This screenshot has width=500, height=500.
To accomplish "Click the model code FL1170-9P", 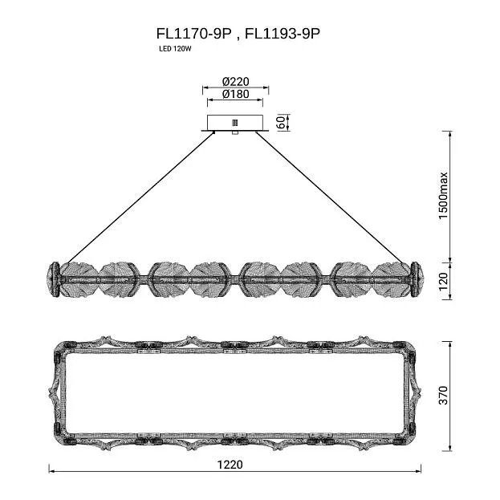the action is coord(193,34).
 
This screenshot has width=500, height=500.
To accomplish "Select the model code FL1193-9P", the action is coord(283,34).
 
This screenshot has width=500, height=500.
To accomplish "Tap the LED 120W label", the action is coord(175,49).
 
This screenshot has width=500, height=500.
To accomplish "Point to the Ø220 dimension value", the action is coord(236,82).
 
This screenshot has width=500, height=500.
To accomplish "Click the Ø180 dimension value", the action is coord(236,94).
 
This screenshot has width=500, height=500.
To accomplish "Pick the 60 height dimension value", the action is coord(282,123).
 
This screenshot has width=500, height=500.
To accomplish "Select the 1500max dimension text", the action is coord(443,196).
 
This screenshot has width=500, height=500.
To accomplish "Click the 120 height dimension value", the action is coord(443,282).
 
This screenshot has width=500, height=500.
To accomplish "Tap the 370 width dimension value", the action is coord(443,396).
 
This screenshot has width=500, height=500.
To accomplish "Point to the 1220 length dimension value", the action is coord(230,464).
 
